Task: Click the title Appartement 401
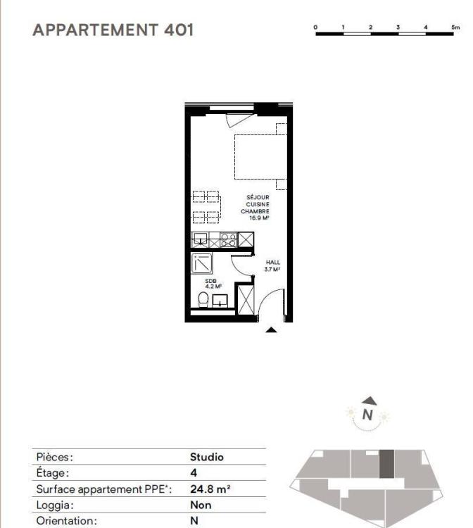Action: pyautogui.click(x=113, y=30)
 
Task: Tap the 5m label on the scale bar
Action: pyautogui.click(x=455, y=27)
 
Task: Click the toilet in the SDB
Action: pyautogui.click(x=203, y=299)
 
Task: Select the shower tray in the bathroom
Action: pyautogui.click(x=201, y=263)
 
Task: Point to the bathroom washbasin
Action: pyautogui.click(x=220, y=301)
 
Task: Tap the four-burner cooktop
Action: pyautogui.click(x=228, y=240)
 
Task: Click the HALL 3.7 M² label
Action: pyautogui.click(x=272, y=265)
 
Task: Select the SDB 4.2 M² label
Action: pyautogui.click(x=213, y=284)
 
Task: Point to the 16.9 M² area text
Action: pyautogui.click(x=259, y=218)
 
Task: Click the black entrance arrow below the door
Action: pyautogui.click(x=272, y=330)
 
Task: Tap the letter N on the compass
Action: pyautogui.click(x=367, y=415)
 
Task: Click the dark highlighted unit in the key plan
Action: pyautogui.click(x=386, y=464)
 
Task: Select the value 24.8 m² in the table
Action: pyautogui.click(x=210, y=489)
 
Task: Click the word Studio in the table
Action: pyautogui.click(x=207, y=457)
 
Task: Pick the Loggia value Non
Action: pyautogui.click(x=201, y=505)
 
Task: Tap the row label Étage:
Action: pyautogui.click(x=53, y=473)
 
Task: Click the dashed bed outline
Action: pyautogui.click(x=260, y=157)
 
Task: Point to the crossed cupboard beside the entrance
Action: pyautogui.click(x=246, y=299)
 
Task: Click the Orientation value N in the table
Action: pyautogui.click(x=194, y=520)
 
